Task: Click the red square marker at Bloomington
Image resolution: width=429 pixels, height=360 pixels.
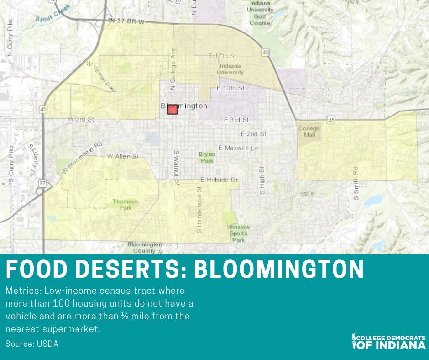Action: [x=172, y=109]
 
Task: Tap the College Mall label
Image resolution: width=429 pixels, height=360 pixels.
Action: [x=309, y=132]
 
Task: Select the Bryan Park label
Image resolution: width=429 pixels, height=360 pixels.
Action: [x=206, y=158]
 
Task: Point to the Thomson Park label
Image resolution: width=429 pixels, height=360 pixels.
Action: [x=125, y=204]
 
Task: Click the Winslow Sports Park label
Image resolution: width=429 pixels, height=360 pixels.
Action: [x=238, y=233]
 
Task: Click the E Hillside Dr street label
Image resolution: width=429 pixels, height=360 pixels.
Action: [x=219, y=180]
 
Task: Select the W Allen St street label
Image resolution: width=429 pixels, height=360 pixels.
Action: [x=122, y=156]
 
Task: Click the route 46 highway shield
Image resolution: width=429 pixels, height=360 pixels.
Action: [x=331, y=119]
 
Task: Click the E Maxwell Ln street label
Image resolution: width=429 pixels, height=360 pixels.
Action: [x=238, y=148]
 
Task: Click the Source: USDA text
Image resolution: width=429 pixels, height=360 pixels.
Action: [x=32, y=344]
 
